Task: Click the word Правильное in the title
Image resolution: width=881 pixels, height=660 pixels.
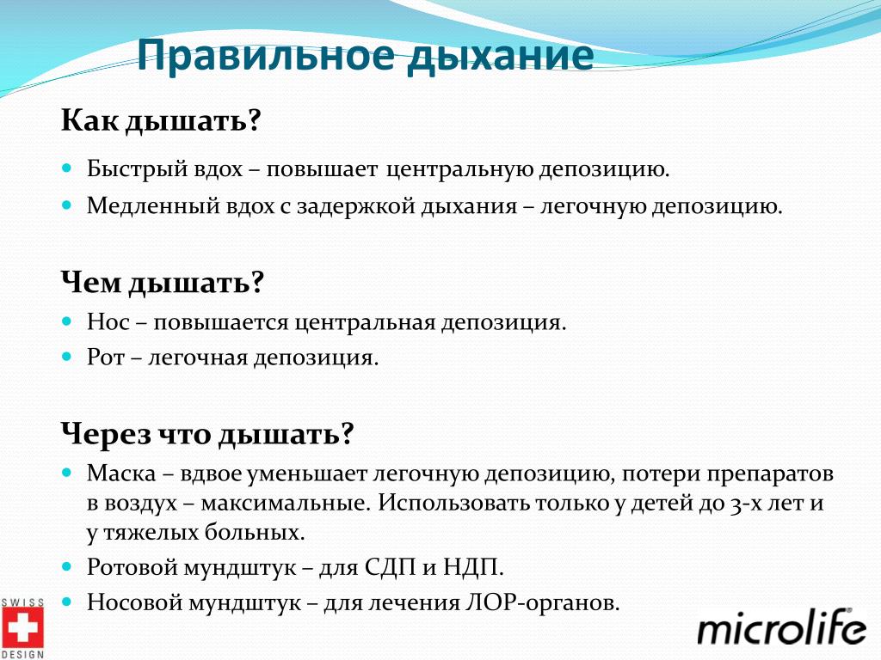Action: pyautogui.click(x=265, y=56)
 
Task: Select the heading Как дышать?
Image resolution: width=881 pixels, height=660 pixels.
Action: pyautogui.click(x=161, y=120)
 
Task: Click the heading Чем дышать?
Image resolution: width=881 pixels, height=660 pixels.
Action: pyautogui.click(x=163, y=282)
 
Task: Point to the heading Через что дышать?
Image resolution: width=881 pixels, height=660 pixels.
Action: pyautogui.click(x=207, y=434)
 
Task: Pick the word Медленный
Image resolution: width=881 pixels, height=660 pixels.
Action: pyautogui.click(x=153, y=206)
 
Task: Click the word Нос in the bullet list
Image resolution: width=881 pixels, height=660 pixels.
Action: pyautogui.click(x=108, y=322)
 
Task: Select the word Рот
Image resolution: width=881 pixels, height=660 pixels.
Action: pyautogui.click(x=105, y=357)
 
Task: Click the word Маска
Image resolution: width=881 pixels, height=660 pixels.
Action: pyautogui.click(x=120, y=474)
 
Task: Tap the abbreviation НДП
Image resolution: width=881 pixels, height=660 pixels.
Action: pyautogui.click(x=473, y=568)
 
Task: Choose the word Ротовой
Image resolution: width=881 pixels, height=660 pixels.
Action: pyautogui.click(x=132, y=567)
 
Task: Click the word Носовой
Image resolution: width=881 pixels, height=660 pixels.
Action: pyautogui.click(x=134, y=602)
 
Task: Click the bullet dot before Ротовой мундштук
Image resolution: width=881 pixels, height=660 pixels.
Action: pyautogui.click(x=67, y=567)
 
